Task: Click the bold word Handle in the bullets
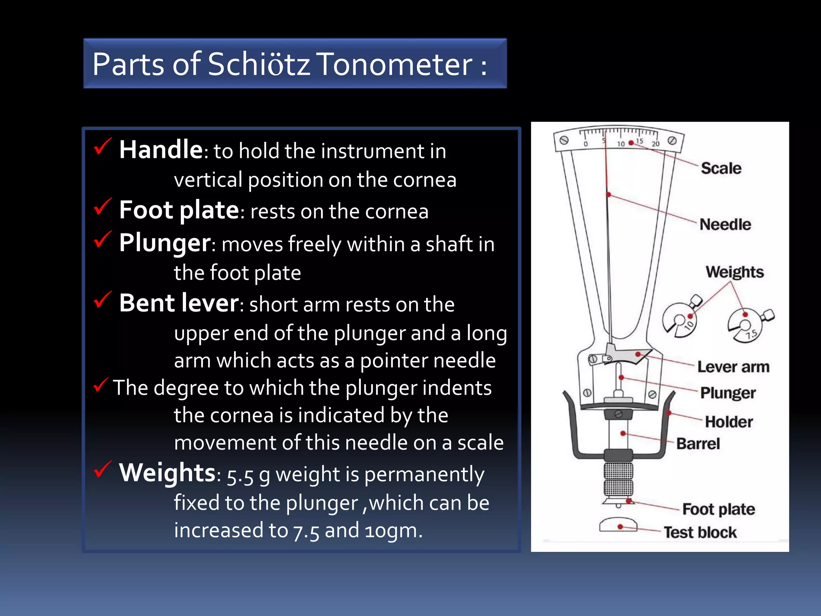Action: pyautogui.click(x=161, y=150)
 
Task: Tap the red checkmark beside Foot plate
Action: pyautogui.click(x=102, y=207)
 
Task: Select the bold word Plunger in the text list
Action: pyautogui.click(x=165, y=243)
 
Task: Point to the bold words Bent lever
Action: pyautogui.click(x=179, y=303)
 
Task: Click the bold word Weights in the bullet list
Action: pyautogui.click(x=167, y=472)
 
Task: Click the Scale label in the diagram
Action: pyautogui.click(x=721, y=168)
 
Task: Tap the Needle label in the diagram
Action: pyautogui.click(x=725, y=225)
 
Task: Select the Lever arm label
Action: pyautogui.click(x=733, y=367)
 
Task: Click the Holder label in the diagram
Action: pyautogui.click(x=729, y=422)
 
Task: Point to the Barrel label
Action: pyautogui.click(x=698, y=444)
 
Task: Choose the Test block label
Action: pyautogui.click(x=700, y=533)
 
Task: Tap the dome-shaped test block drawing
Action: pyautogui.click(x=618, y=525)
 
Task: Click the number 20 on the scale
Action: pyautogui.click(x=655, y=144)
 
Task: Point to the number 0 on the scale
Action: pyautogui.click(x=586, y=144)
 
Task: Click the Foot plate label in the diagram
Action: pyautogui.click(x=718, y=509)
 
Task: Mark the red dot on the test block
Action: pyautogui.click(x=620, y=527)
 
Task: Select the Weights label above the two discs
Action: pyautogui.click(x=734, y=272)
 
